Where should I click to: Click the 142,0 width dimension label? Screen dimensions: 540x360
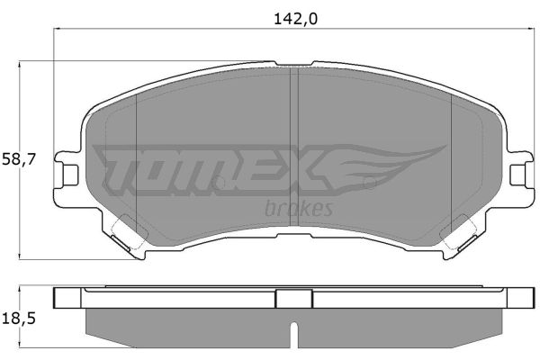[295, 19]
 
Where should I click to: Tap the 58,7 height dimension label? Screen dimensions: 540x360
[19, 160]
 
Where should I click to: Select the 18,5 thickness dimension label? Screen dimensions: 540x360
[19, 319]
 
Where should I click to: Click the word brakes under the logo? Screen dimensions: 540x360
[299, 209]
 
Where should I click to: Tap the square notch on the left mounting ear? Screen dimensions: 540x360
[71, 175]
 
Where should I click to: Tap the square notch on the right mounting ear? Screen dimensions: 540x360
[517, 175]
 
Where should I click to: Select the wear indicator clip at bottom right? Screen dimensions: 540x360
[467, 243]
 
